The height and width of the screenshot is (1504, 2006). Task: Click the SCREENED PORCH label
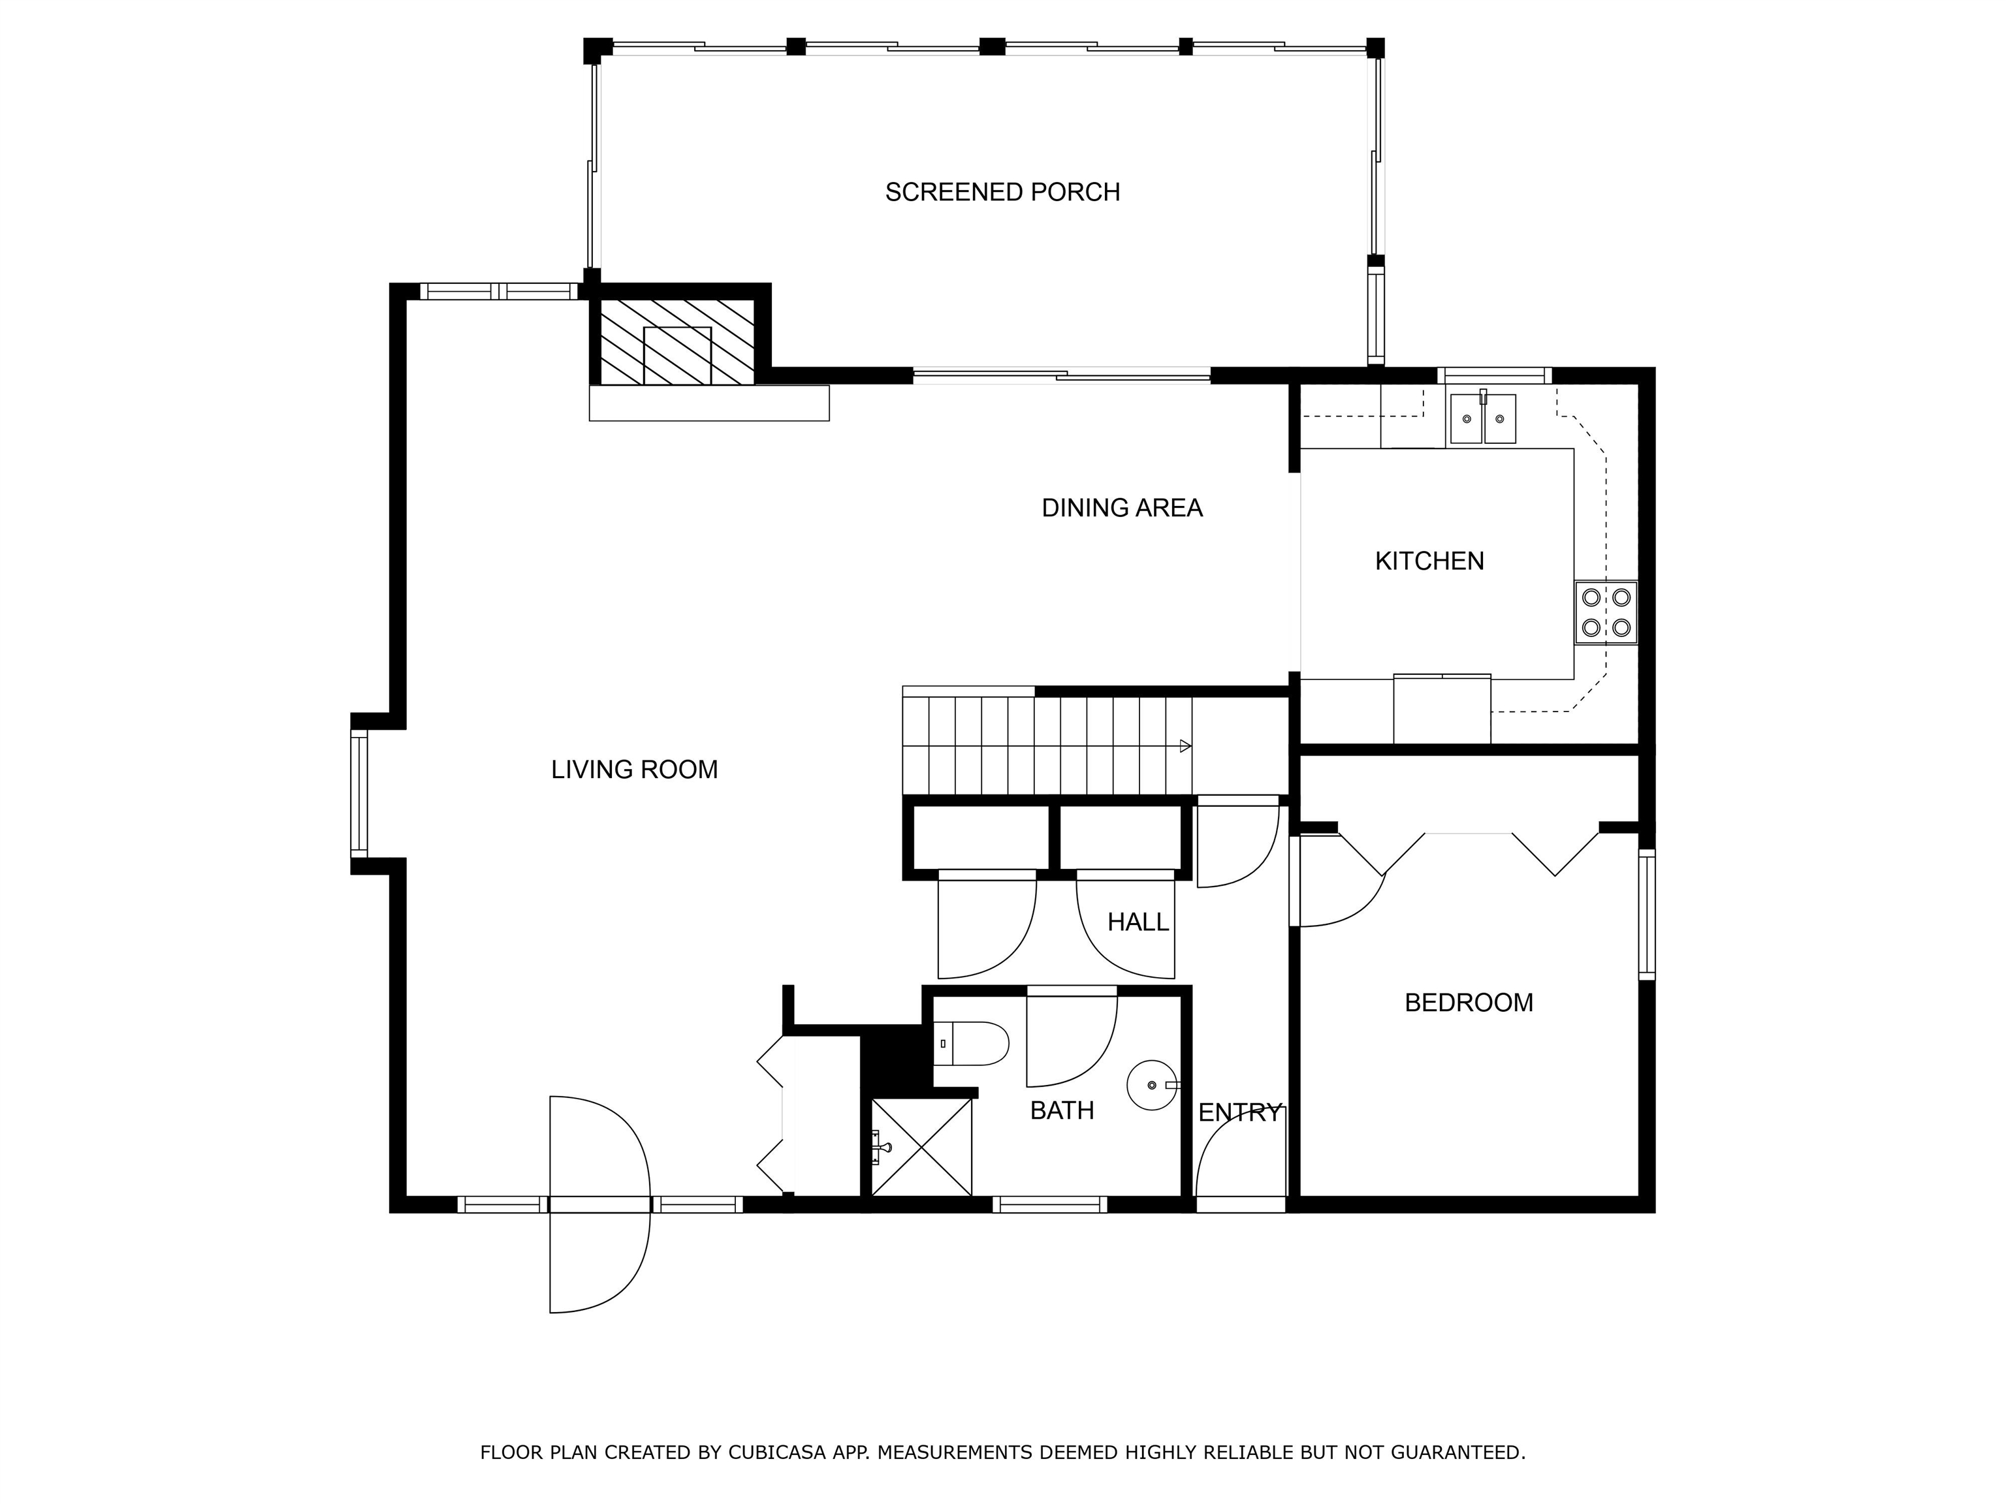coord(1002,192)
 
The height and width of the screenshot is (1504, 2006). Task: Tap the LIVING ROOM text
coord(634,770)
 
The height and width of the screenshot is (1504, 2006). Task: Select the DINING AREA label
coord(1122,508)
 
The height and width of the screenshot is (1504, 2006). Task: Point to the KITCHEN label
coord(1429,561)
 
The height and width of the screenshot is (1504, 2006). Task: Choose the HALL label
coord(1138,922)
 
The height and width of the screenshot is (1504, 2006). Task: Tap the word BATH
coord(1062,1110)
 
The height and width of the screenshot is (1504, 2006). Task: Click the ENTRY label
coord(1239,1112)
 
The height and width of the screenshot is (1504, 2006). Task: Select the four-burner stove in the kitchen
coord(1606,612)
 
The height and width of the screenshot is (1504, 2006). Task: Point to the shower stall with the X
coord(921,1148)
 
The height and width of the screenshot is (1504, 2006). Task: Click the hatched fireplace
coord(677,342)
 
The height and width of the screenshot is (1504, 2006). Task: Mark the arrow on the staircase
coord(1185,746)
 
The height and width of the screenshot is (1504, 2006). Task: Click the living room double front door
coord(599,1204)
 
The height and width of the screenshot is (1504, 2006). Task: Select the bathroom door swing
coord(1072,1040)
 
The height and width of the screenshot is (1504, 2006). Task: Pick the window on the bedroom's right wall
coord(1647,914)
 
